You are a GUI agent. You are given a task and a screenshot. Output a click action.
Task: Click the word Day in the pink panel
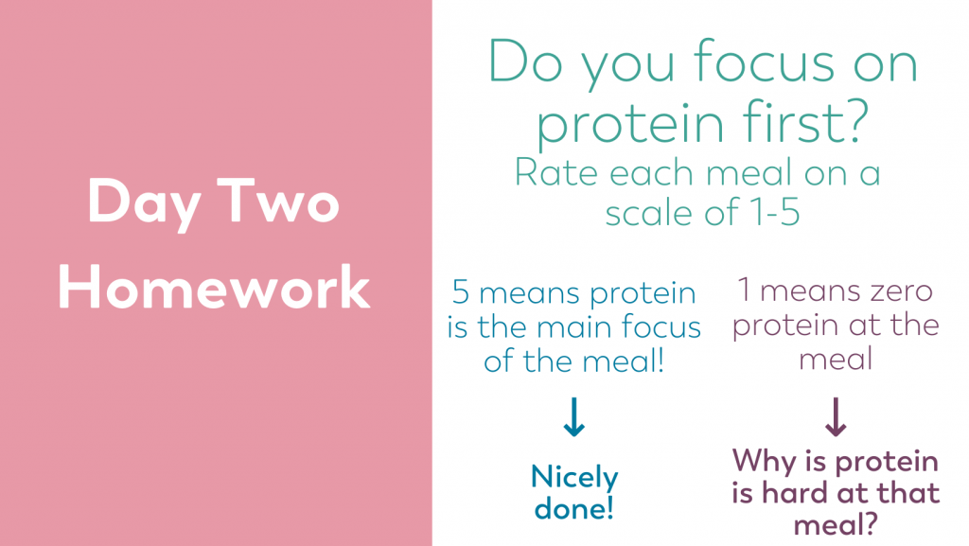click(x=145, y=203)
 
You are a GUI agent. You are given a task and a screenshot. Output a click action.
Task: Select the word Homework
click(x=214, y=287)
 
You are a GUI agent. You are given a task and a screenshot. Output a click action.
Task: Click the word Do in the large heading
click(x=525, y=62)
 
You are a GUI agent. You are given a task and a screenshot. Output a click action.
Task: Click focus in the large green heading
click(x=764, y=61)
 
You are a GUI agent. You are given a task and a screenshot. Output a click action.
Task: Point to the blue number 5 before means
click(x=461, y=291)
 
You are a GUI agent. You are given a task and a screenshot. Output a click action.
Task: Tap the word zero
click(x=895, y=291)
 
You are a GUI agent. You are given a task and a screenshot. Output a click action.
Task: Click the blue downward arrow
click(x=574, y=417)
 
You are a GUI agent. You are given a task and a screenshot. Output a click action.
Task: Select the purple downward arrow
click(x=836, y=417)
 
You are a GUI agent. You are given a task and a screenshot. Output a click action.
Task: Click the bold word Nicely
click(x=574, y=478)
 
